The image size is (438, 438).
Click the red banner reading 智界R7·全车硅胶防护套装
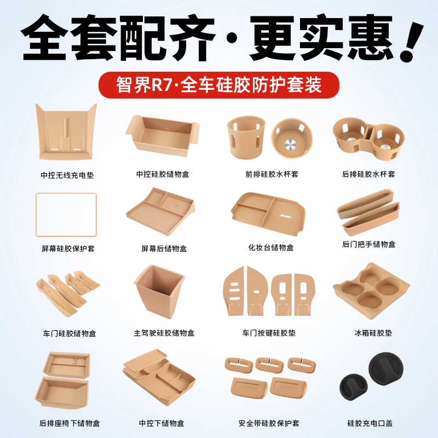point(219,85)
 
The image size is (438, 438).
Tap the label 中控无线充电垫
point(67,175)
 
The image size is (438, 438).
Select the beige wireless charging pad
point(66,131)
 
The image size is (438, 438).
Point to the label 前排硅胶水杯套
point(272,174)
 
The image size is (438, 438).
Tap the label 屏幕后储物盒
point(164,249)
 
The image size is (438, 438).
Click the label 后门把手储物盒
point(368,244)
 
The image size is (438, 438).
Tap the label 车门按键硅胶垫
point(269,333)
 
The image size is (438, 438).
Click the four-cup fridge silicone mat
point(371,291)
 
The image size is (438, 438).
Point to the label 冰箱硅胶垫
point(373,333)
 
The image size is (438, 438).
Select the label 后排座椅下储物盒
point(70,423)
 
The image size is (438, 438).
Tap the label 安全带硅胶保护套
point(269,423)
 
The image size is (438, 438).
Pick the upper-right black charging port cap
point(386,366)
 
